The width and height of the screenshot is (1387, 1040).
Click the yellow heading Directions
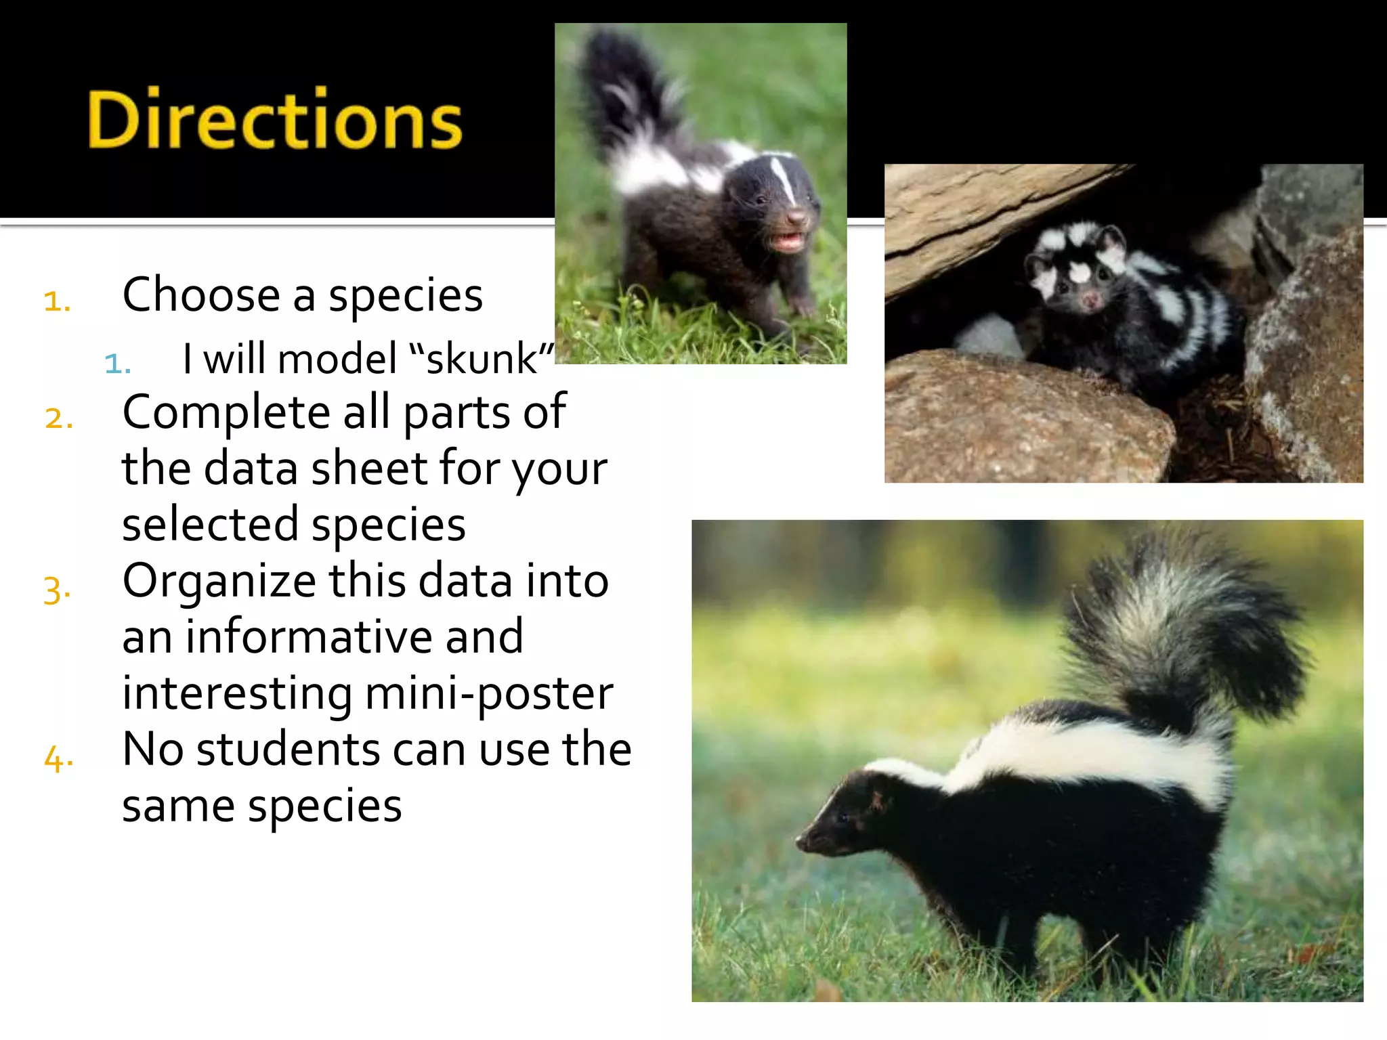274,119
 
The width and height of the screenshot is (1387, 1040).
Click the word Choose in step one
201,295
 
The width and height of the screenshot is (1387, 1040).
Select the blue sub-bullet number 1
116,364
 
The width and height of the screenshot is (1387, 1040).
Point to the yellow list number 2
58,417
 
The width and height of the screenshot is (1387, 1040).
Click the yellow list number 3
57,588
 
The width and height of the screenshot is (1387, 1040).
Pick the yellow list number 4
58,758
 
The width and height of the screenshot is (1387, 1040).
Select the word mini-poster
488,693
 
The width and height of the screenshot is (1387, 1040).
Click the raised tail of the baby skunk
630,95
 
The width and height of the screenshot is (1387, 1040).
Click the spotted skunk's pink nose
1090,299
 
